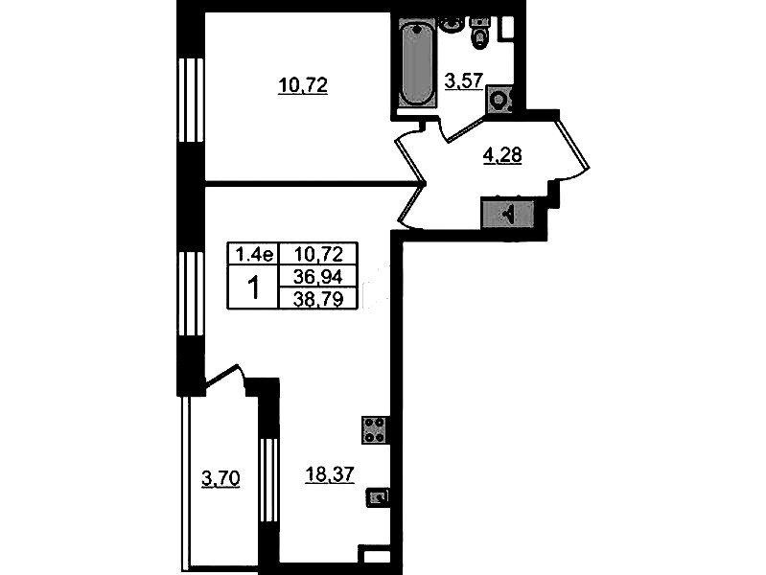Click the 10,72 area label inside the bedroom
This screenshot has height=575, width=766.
tap(303, 86)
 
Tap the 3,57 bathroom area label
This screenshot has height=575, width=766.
tap(464, 80)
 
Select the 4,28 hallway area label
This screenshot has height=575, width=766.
tap(502, 155)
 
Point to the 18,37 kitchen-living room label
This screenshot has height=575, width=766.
tap(329, 473)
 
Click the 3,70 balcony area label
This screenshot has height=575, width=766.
tap(221, 479)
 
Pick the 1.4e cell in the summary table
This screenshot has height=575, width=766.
tap(253, 254)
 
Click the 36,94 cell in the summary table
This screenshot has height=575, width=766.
tap(318, 277)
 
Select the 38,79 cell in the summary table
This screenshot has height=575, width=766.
tap(318, 298)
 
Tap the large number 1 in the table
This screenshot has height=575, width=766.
tap(253, 287)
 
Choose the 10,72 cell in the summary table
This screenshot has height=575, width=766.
tap(318, 254)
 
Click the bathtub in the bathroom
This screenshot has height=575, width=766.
tap(417, 62)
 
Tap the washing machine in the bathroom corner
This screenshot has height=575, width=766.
tap(499, 101)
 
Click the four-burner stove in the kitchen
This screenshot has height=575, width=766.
tap(375, 430)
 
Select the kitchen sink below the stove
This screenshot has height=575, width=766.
tap(378, 498)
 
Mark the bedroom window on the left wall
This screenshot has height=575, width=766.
tap(191, 101)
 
